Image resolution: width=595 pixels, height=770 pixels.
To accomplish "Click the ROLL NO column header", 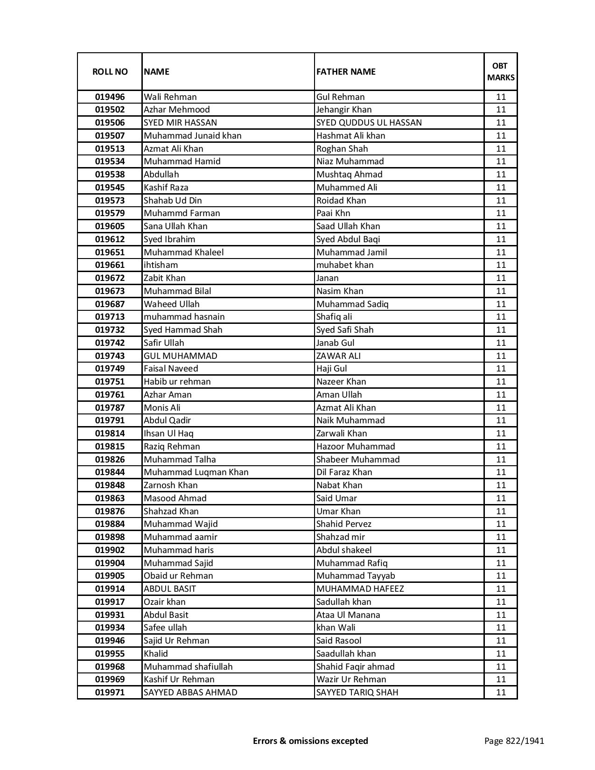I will tap(110, 71).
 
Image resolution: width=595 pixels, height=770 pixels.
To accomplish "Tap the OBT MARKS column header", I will tap(501, 71).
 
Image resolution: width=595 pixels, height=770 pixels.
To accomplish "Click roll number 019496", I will tap(110, 97).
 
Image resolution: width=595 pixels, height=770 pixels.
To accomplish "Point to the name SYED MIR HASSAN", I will tap(180, 123).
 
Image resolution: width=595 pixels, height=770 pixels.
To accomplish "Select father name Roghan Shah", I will tap(342, 149).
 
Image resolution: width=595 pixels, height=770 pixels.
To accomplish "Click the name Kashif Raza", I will tap(166, 188).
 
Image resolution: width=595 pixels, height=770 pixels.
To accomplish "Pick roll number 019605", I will tap(110, 226).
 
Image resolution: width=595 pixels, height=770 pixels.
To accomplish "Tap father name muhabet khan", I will tap(345, 265).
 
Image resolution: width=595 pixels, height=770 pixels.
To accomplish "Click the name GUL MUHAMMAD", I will tap(180, 356).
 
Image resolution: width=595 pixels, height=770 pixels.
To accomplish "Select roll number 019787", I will tap(110, 408).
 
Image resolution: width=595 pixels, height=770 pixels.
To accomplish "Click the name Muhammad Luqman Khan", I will tap(196, 472).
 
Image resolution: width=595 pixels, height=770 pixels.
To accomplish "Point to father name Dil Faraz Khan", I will tap(344, 472).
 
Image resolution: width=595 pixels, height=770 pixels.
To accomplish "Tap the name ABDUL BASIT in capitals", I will tap(170, 589).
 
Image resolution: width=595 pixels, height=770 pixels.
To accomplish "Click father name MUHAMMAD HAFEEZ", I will tap(360, 589).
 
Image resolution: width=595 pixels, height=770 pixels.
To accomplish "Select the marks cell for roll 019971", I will tap(501, 693).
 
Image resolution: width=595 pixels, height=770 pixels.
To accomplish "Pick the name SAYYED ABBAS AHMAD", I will tap(190, 693).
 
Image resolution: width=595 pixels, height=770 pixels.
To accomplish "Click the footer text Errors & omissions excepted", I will tap(310, 741).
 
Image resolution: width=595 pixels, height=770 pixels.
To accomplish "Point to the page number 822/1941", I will tap(514, 741).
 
